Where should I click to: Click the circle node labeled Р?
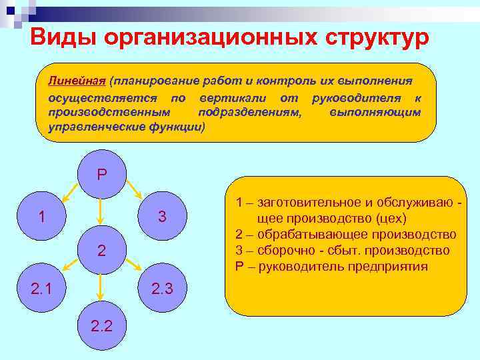101,175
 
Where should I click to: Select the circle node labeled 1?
42,217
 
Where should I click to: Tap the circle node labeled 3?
161,217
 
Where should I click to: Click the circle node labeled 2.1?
42,288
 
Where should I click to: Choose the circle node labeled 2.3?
161,288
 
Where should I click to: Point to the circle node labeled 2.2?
101,325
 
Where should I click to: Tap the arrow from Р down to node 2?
100,212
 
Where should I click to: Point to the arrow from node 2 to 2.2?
100,286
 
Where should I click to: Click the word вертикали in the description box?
225,97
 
